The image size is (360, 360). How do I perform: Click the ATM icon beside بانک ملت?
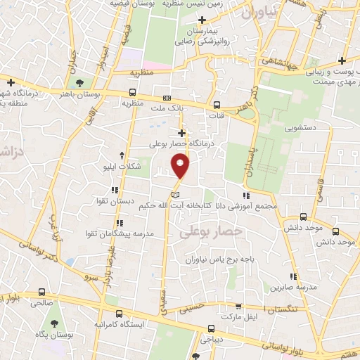coord(167,98)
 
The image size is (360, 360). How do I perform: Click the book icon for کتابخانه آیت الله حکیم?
coord(176,193)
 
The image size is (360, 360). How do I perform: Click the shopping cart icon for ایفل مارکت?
coord(238,306)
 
